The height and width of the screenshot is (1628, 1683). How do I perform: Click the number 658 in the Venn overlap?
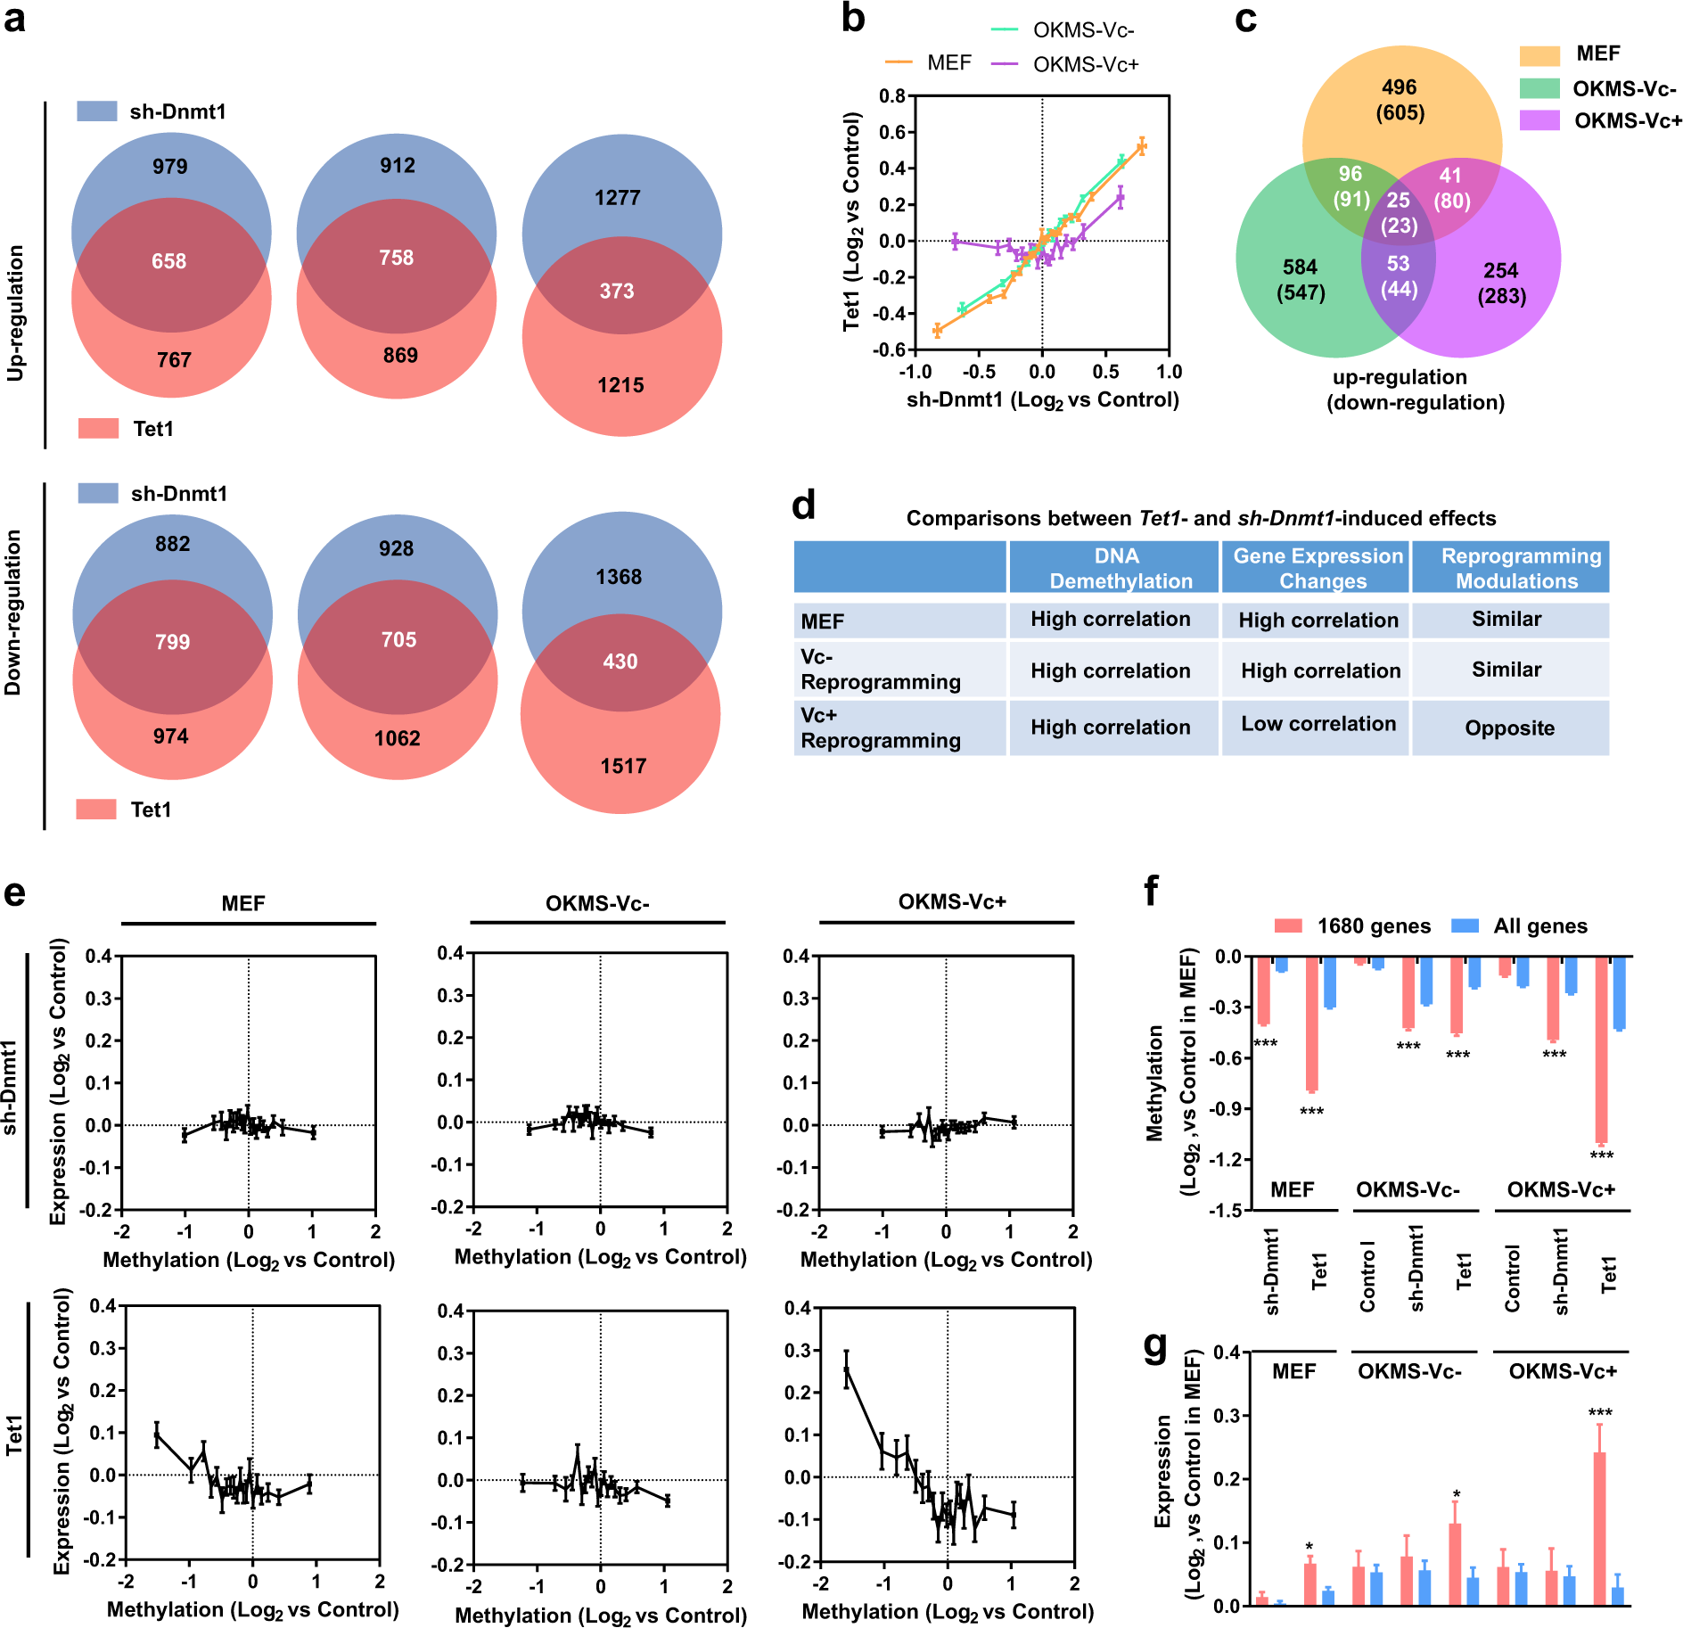pyautogui.click(x=169, y=261)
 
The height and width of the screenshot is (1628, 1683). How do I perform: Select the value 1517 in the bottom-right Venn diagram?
pyautogui.click(x=623, y=766)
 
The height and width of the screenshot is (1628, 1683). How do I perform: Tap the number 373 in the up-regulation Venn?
pyautogui.click(x=617, y=291)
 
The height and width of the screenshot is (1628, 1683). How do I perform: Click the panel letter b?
pyautogui.click(x=853, y=19)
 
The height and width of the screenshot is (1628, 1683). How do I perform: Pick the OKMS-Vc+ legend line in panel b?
pyautogui.click(x=1005, y=64)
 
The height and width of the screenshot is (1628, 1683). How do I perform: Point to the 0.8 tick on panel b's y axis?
pyautogui.click(x=891, y=96)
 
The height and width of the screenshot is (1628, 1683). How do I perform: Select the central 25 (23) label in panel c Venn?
pyautogui.click(x=1399, y=212)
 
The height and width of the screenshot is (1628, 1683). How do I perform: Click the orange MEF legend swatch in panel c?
pyautogui.click(x=1539, y=55)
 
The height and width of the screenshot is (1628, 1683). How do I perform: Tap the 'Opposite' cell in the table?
pyautogui.click(x=1509, y=728)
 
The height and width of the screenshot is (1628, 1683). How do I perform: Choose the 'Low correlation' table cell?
pyautogui.click(x=1318, y=724)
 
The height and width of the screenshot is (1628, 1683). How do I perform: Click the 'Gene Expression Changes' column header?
pyautogui.click(x=1318, y=568)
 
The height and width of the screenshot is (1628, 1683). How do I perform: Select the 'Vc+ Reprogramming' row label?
pyautogui.click(x=880, y=728)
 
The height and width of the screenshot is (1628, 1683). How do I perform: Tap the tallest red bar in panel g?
pyautogui.click(x=1599, y=1529)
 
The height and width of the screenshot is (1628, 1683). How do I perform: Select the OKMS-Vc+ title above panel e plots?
pyautogui.click(x=951, y=902)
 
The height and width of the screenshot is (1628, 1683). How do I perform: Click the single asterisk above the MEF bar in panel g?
pyautogui.click(x=1309, y=1547)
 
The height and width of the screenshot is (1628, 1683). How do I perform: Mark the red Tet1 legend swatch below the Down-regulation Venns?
pyautogui.click(x=96, y=810)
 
